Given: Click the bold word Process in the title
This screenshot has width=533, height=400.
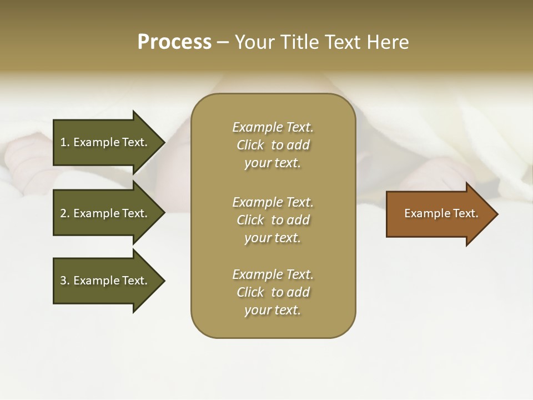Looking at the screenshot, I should (174, 42).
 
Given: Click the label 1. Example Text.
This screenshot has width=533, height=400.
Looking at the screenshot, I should (104, 142).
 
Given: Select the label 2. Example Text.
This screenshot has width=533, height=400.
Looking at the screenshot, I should (104, 213).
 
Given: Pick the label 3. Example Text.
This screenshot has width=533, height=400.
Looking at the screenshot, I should (104, 281).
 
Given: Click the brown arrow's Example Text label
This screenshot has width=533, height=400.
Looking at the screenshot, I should (441, 213).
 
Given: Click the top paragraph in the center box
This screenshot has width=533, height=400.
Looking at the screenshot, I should (273, 145).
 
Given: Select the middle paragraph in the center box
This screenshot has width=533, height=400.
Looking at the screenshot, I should (273, 220).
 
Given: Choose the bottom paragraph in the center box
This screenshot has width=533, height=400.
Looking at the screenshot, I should (273, 292).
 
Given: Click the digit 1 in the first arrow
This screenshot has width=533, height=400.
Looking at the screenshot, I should (63, 142).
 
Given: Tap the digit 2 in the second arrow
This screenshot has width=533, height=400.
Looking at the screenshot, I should (63, 213).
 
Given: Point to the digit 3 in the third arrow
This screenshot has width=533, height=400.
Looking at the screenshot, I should (63, 281).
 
